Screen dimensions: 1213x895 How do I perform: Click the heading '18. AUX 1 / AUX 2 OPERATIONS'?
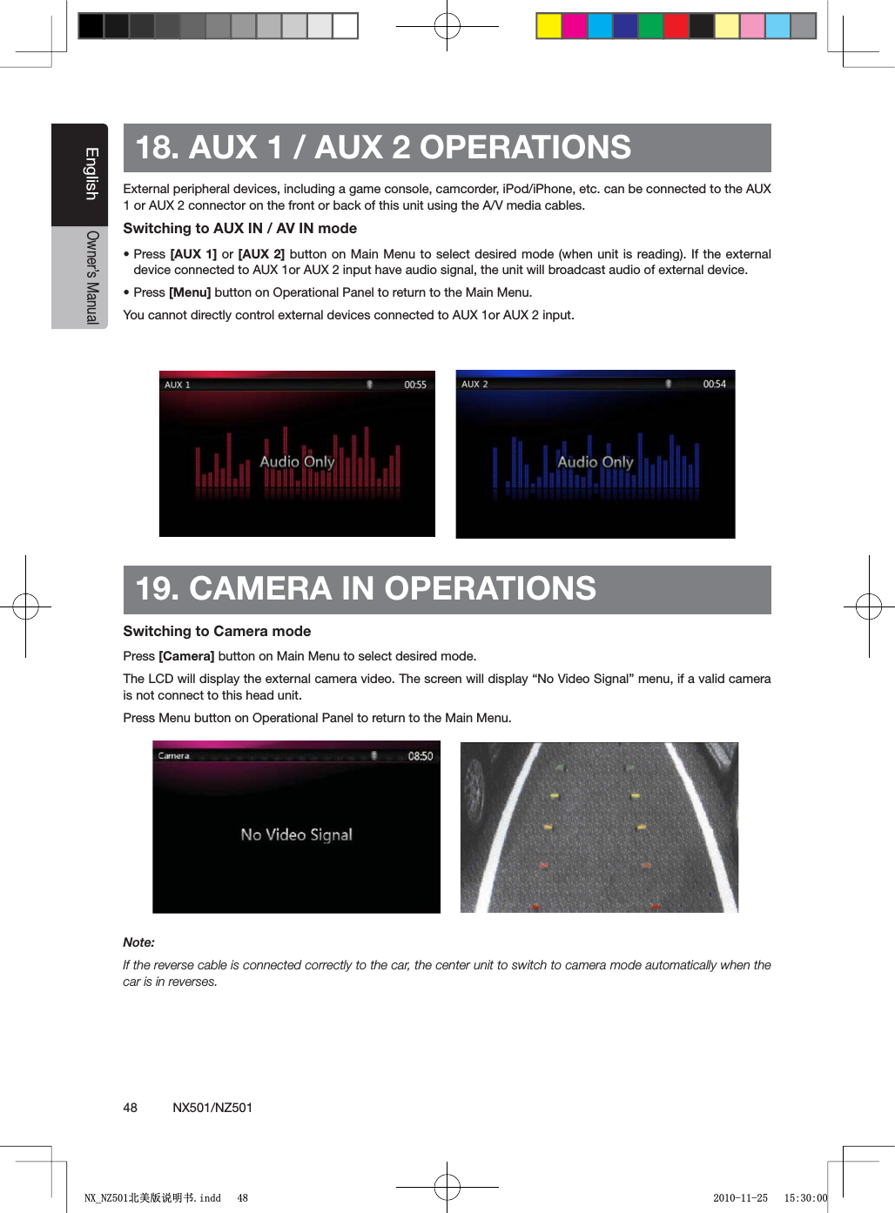[x=383, y=148]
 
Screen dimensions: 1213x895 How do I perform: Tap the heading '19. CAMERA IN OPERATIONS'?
[x=366, y=589]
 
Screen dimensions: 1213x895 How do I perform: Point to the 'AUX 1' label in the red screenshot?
[x=178, y=385]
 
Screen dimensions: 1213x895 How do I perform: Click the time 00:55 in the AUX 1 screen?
[x=415, y=385]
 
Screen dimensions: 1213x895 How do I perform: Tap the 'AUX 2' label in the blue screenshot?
[x=474, y=384]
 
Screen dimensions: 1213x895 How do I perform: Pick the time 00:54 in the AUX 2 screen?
[x=714, y=384]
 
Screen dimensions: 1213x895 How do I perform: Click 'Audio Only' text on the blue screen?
[x=596, y=462]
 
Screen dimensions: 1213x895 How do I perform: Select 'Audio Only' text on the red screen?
[x=297, y=462]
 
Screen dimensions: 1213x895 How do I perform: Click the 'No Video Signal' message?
[x=296, y=834]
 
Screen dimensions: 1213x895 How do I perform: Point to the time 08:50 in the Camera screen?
[x=421, y=756]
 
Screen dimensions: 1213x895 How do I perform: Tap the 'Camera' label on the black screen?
[x=173, y=756]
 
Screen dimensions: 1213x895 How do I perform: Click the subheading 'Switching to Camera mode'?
[x=217, y=631]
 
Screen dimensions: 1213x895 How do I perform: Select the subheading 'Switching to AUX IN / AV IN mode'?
[x=239, y=228]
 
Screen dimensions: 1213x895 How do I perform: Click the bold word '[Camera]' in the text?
[x=186, y=656]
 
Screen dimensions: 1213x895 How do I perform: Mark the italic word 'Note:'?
[x=138, y=942]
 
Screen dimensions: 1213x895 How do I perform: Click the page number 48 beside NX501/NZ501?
[x=131, y=1108]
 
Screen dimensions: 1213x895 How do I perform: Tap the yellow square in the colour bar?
[x=548, y=26]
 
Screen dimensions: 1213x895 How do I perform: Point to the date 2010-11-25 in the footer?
[x=740, y=1198]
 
